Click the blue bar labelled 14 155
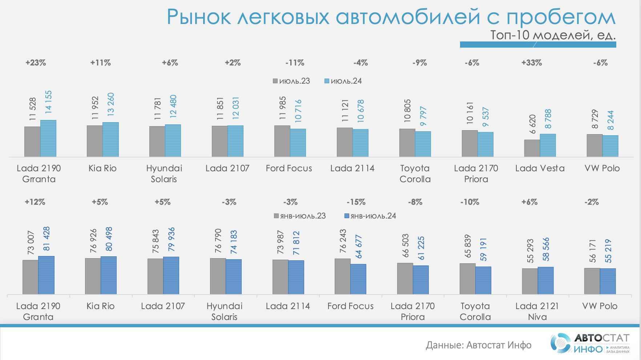coord(48,139)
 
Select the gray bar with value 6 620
coord(532,148)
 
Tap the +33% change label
coord(532,63)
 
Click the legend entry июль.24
coord(343,81)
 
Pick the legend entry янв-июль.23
coord(300,216)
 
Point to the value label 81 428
coord(47,239)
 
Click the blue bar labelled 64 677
coord(358,279)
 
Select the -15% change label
coord(356,202)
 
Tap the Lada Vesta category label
coord(540,168)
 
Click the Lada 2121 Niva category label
coord(537,311)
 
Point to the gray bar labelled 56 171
coord(592,281)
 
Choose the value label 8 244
coord(610,120)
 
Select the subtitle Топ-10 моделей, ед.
coord(553,35)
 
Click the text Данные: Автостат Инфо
coord(479,345)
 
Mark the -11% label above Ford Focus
coord(295,63)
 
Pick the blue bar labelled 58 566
coord(546,280)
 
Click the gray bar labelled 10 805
coord(407,143)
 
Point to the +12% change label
coord(35,202)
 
